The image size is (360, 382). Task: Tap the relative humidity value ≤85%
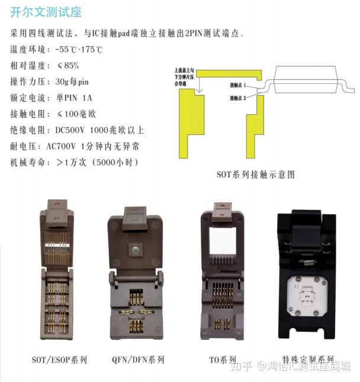point(70,65)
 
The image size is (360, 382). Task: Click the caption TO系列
point(223,360)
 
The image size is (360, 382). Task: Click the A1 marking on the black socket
point(296,287)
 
